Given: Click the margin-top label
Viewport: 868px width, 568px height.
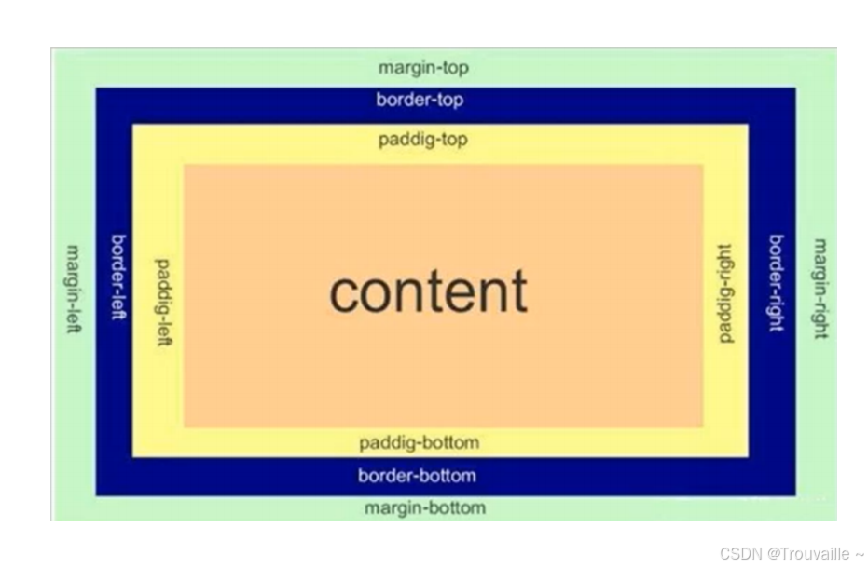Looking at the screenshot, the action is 423,68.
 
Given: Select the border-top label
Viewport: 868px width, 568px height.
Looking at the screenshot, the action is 420,100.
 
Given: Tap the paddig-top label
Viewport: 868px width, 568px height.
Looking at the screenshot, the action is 423,140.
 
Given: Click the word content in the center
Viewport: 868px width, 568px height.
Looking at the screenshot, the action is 428,291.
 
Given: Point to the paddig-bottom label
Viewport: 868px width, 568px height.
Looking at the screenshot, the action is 420,441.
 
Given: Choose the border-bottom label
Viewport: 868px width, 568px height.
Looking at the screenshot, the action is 417,476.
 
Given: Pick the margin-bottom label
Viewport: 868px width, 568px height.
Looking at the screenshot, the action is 424,508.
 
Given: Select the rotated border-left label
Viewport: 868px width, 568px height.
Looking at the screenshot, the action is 118,277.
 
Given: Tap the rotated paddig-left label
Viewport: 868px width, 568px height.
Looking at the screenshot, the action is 164,303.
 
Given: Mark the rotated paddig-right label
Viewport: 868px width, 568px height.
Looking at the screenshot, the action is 726,292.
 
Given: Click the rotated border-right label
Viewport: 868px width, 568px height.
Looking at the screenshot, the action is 776,283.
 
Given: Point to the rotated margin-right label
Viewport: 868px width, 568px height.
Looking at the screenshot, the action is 820,289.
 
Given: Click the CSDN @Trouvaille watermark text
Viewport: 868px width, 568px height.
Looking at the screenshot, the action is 792,553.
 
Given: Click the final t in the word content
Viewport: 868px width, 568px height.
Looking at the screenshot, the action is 518,291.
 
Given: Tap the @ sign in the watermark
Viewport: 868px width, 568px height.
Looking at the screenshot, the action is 773,553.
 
